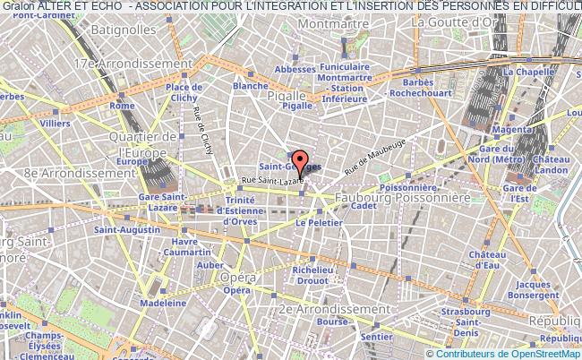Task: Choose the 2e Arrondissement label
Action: (326, 308)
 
